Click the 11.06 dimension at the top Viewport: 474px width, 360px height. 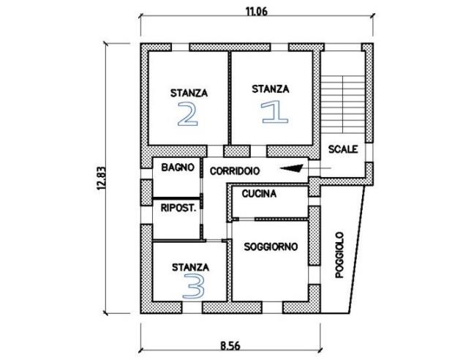point(256,12)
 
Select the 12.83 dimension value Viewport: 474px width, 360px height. point(101,179)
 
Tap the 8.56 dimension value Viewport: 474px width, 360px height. point(230,345)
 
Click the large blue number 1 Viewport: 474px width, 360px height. point(274,112)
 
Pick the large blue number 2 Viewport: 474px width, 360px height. point(188,113)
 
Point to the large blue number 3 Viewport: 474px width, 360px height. point(193,286)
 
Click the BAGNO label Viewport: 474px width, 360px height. point(178,167)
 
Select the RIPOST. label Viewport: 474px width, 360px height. point(178,208)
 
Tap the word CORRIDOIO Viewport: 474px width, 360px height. point(235,171)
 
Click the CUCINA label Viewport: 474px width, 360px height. point(259,194)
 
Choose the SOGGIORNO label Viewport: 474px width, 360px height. point(271,247)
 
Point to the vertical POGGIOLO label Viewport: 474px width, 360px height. point(340,255)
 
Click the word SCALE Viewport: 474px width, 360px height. point(343,149)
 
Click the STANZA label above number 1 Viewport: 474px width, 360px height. point(270,89)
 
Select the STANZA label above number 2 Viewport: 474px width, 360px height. point(189,93)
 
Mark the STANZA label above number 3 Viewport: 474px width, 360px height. point(190,267)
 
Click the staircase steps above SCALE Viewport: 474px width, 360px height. point(342,105)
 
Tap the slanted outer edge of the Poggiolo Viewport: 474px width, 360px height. point(357,250)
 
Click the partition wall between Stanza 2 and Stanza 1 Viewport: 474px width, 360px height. point(230,98)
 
